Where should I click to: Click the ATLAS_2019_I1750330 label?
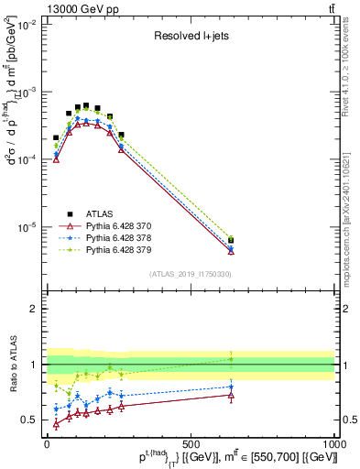191,274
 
